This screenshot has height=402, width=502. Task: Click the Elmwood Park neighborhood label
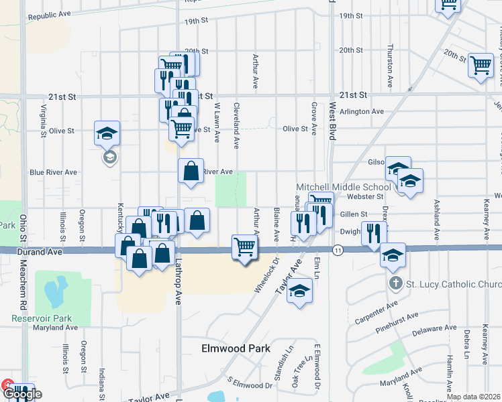point(236,348)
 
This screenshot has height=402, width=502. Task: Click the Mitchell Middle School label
point(344,187)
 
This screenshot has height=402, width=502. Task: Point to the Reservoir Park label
point(41,318)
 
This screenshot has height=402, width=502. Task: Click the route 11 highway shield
point(338,249)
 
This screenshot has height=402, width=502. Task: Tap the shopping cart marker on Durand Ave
point(245,247)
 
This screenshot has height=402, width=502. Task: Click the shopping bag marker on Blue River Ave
point(191,170)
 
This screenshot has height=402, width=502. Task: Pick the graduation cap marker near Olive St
point(107,133)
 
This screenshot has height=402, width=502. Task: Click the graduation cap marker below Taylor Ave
point(300,290)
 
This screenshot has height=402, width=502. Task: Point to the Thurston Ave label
point(390,67)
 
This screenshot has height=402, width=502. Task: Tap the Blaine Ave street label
point(277,224)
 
